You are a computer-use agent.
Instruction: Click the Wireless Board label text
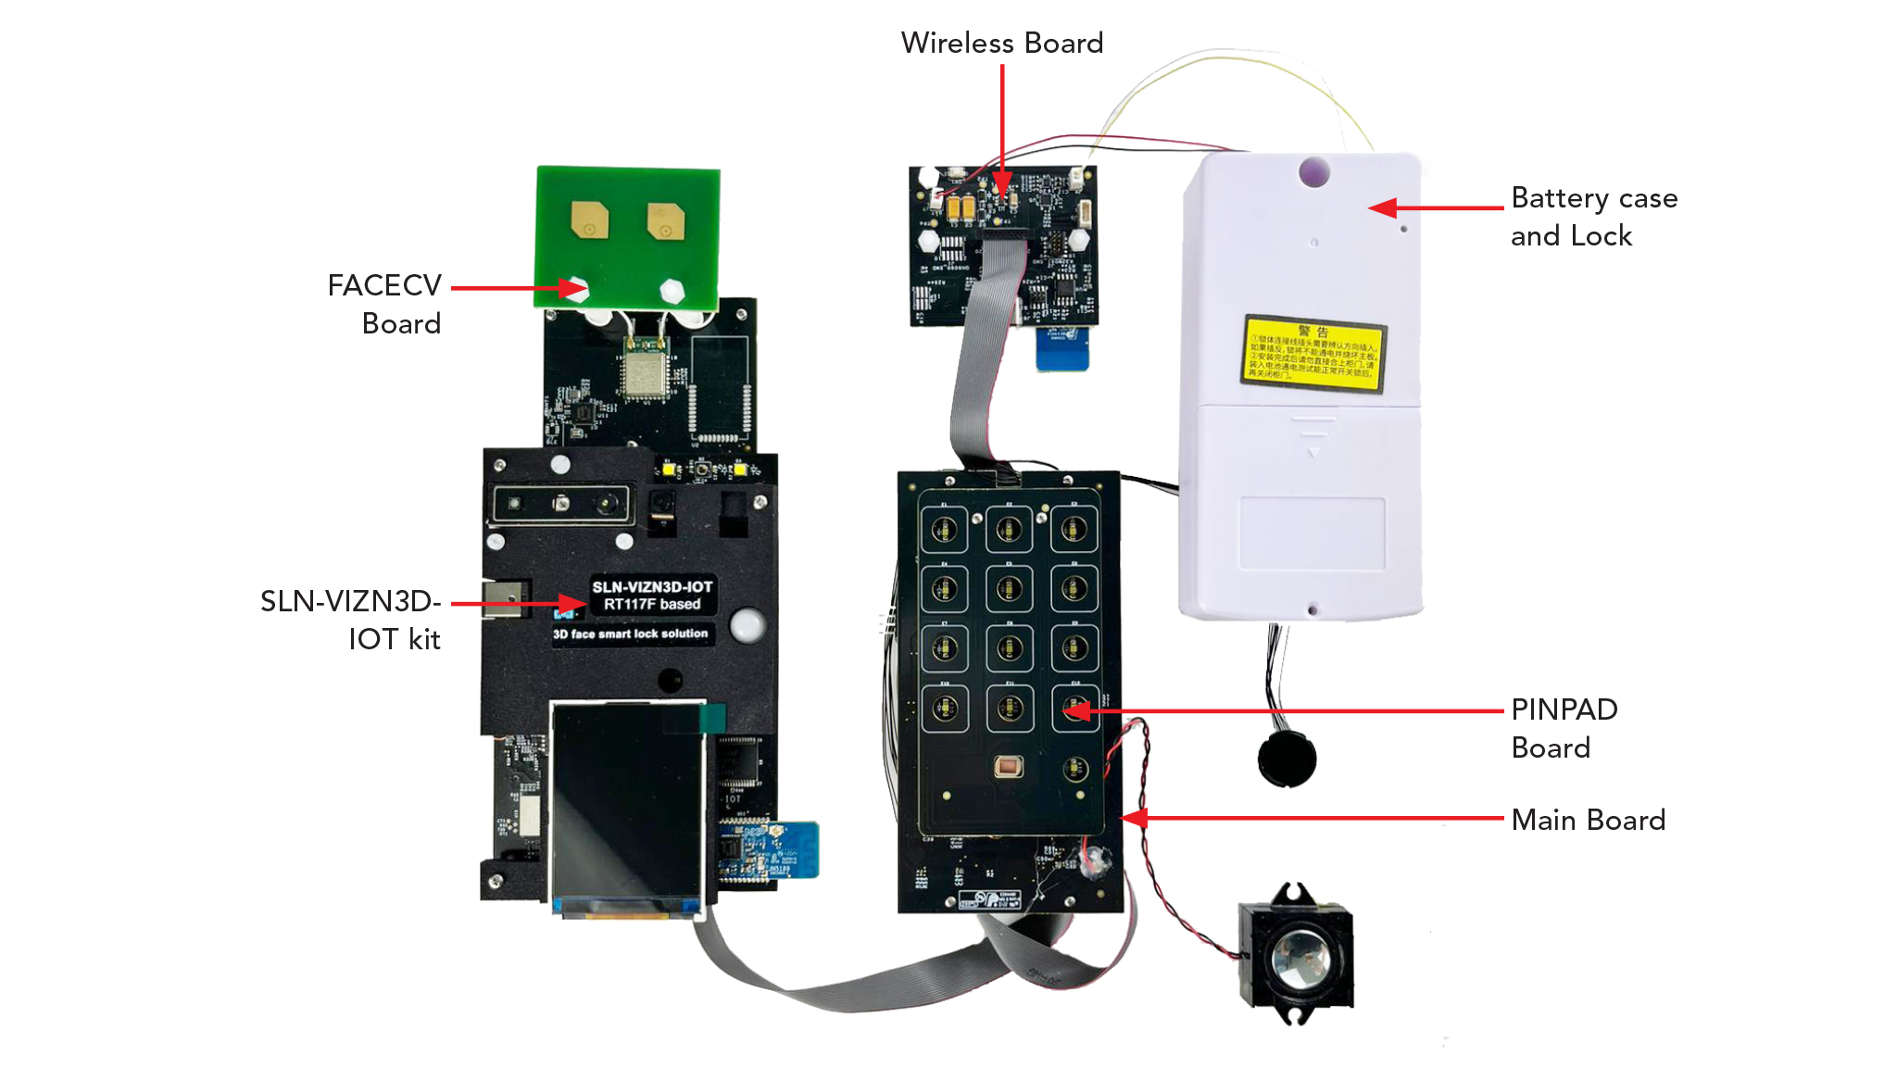[x=1001, y=43]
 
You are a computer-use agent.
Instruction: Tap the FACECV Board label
[x=384, y=304]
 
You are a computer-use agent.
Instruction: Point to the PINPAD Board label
[x=1564, y=728]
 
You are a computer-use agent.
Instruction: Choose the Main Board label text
[x=1588, y=820]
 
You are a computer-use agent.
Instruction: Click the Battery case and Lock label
[x=1593, y=217]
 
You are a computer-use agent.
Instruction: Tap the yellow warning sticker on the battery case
[x=1313, y=353]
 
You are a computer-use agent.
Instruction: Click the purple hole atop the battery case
[x=1313, y=171]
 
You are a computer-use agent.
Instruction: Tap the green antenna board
[x=627, y=236]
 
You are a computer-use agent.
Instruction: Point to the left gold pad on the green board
[x=589, y=220]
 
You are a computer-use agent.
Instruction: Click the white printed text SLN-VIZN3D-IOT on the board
[x=652, y=587]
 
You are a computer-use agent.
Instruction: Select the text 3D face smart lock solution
[x=630, y=634]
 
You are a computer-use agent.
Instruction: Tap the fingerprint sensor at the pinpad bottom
[x=1008, y=767]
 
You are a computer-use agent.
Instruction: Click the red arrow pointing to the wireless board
[x=1002, y=130]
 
